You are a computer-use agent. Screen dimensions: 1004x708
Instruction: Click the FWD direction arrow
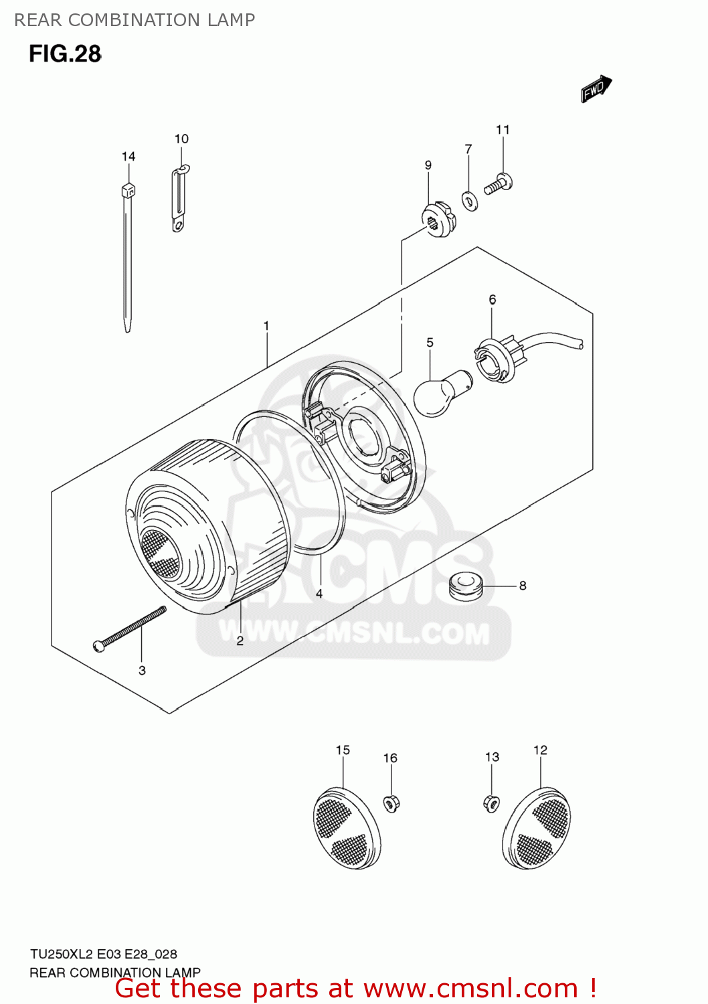pos(596,88)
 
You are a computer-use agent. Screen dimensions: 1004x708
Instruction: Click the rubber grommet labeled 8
pos(466,587)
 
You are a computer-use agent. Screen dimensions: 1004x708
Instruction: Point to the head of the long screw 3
pos(100,645)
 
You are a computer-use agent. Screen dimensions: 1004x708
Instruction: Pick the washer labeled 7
pos(470,200)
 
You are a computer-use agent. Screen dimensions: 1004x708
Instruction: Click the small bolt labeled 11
pos(499,183)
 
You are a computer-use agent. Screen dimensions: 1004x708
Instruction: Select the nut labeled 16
pos(392,803)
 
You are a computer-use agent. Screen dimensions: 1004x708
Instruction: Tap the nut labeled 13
pos(491,802)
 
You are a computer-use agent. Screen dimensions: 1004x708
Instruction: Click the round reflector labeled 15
pos(347,829)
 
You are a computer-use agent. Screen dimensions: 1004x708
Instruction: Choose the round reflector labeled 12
pos(536,829)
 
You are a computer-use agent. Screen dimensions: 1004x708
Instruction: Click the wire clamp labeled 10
pos(179,199)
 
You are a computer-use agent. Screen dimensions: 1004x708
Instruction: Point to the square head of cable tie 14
pos(128,190)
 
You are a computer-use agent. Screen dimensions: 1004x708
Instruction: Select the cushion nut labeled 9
pos(439,218)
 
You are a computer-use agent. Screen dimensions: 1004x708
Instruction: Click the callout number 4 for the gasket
pos(319,594)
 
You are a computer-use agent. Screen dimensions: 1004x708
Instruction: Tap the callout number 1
pos(266,326)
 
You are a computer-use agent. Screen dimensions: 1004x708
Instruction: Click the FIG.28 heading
pos(65,54)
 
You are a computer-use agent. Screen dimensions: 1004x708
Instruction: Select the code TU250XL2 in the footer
pos(61,954)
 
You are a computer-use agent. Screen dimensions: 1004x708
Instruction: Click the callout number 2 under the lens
pos(240,641)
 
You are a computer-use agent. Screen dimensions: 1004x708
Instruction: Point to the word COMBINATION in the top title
pos(134,20)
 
